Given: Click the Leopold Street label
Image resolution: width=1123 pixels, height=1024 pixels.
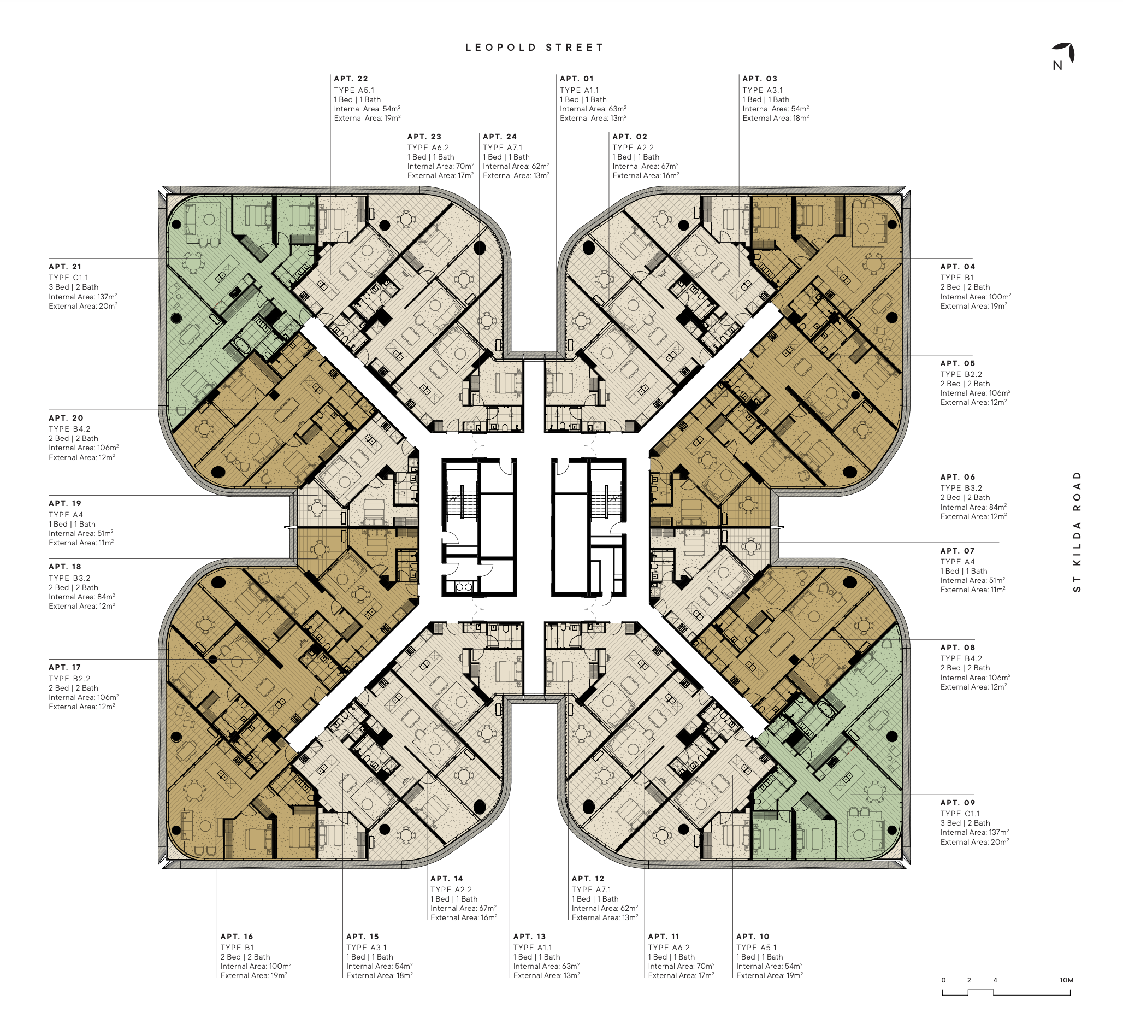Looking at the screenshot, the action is point(534,48).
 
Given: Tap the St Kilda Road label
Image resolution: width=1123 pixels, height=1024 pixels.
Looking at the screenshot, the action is point(1077,532).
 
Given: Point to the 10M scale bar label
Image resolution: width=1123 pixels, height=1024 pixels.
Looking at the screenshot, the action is point(1066,980).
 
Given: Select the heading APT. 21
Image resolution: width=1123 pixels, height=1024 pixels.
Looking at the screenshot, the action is point(65,267).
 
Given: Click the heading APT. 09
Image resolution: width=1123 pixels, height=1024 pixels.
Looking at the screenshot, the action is point(957,803).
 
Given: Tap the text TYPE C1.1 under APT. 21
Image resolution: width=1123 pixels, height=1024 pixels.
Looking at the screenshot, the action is point(68,278).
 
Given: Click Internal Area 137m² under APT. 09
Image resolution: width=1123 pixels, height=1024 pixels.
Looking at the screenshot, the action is point(974,832).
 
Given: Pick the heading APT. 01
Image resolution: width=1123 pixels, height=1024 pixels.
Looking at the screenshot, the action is point(577,79).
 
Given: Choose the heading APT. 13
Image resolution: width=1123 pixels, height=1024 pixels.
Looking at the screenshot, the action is point(529,937).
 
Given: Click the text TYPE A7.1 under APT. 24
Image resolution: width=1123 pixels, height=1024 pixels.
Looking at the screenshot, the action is point(503,148).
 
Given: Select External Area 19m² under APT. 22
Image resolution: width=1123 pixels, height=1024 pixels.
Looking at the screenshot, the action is point(367,118).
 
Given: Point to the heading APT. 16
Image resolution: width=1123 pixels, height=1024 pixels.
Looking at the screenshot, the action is point(237,937).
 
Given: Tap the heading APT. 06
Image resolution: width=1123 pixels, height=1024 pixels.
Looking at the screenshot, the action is point(957,477).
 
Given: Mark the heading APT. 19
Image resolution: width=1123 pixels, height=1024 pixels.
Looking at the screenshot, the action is point(64,503).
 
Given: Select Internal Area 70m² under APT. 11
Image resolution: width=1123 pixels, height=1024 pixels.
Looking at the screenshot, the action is point(681,966).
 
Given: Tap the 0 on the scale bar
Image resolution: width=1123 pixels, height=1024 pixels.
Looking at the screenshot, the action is point(943,980).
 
